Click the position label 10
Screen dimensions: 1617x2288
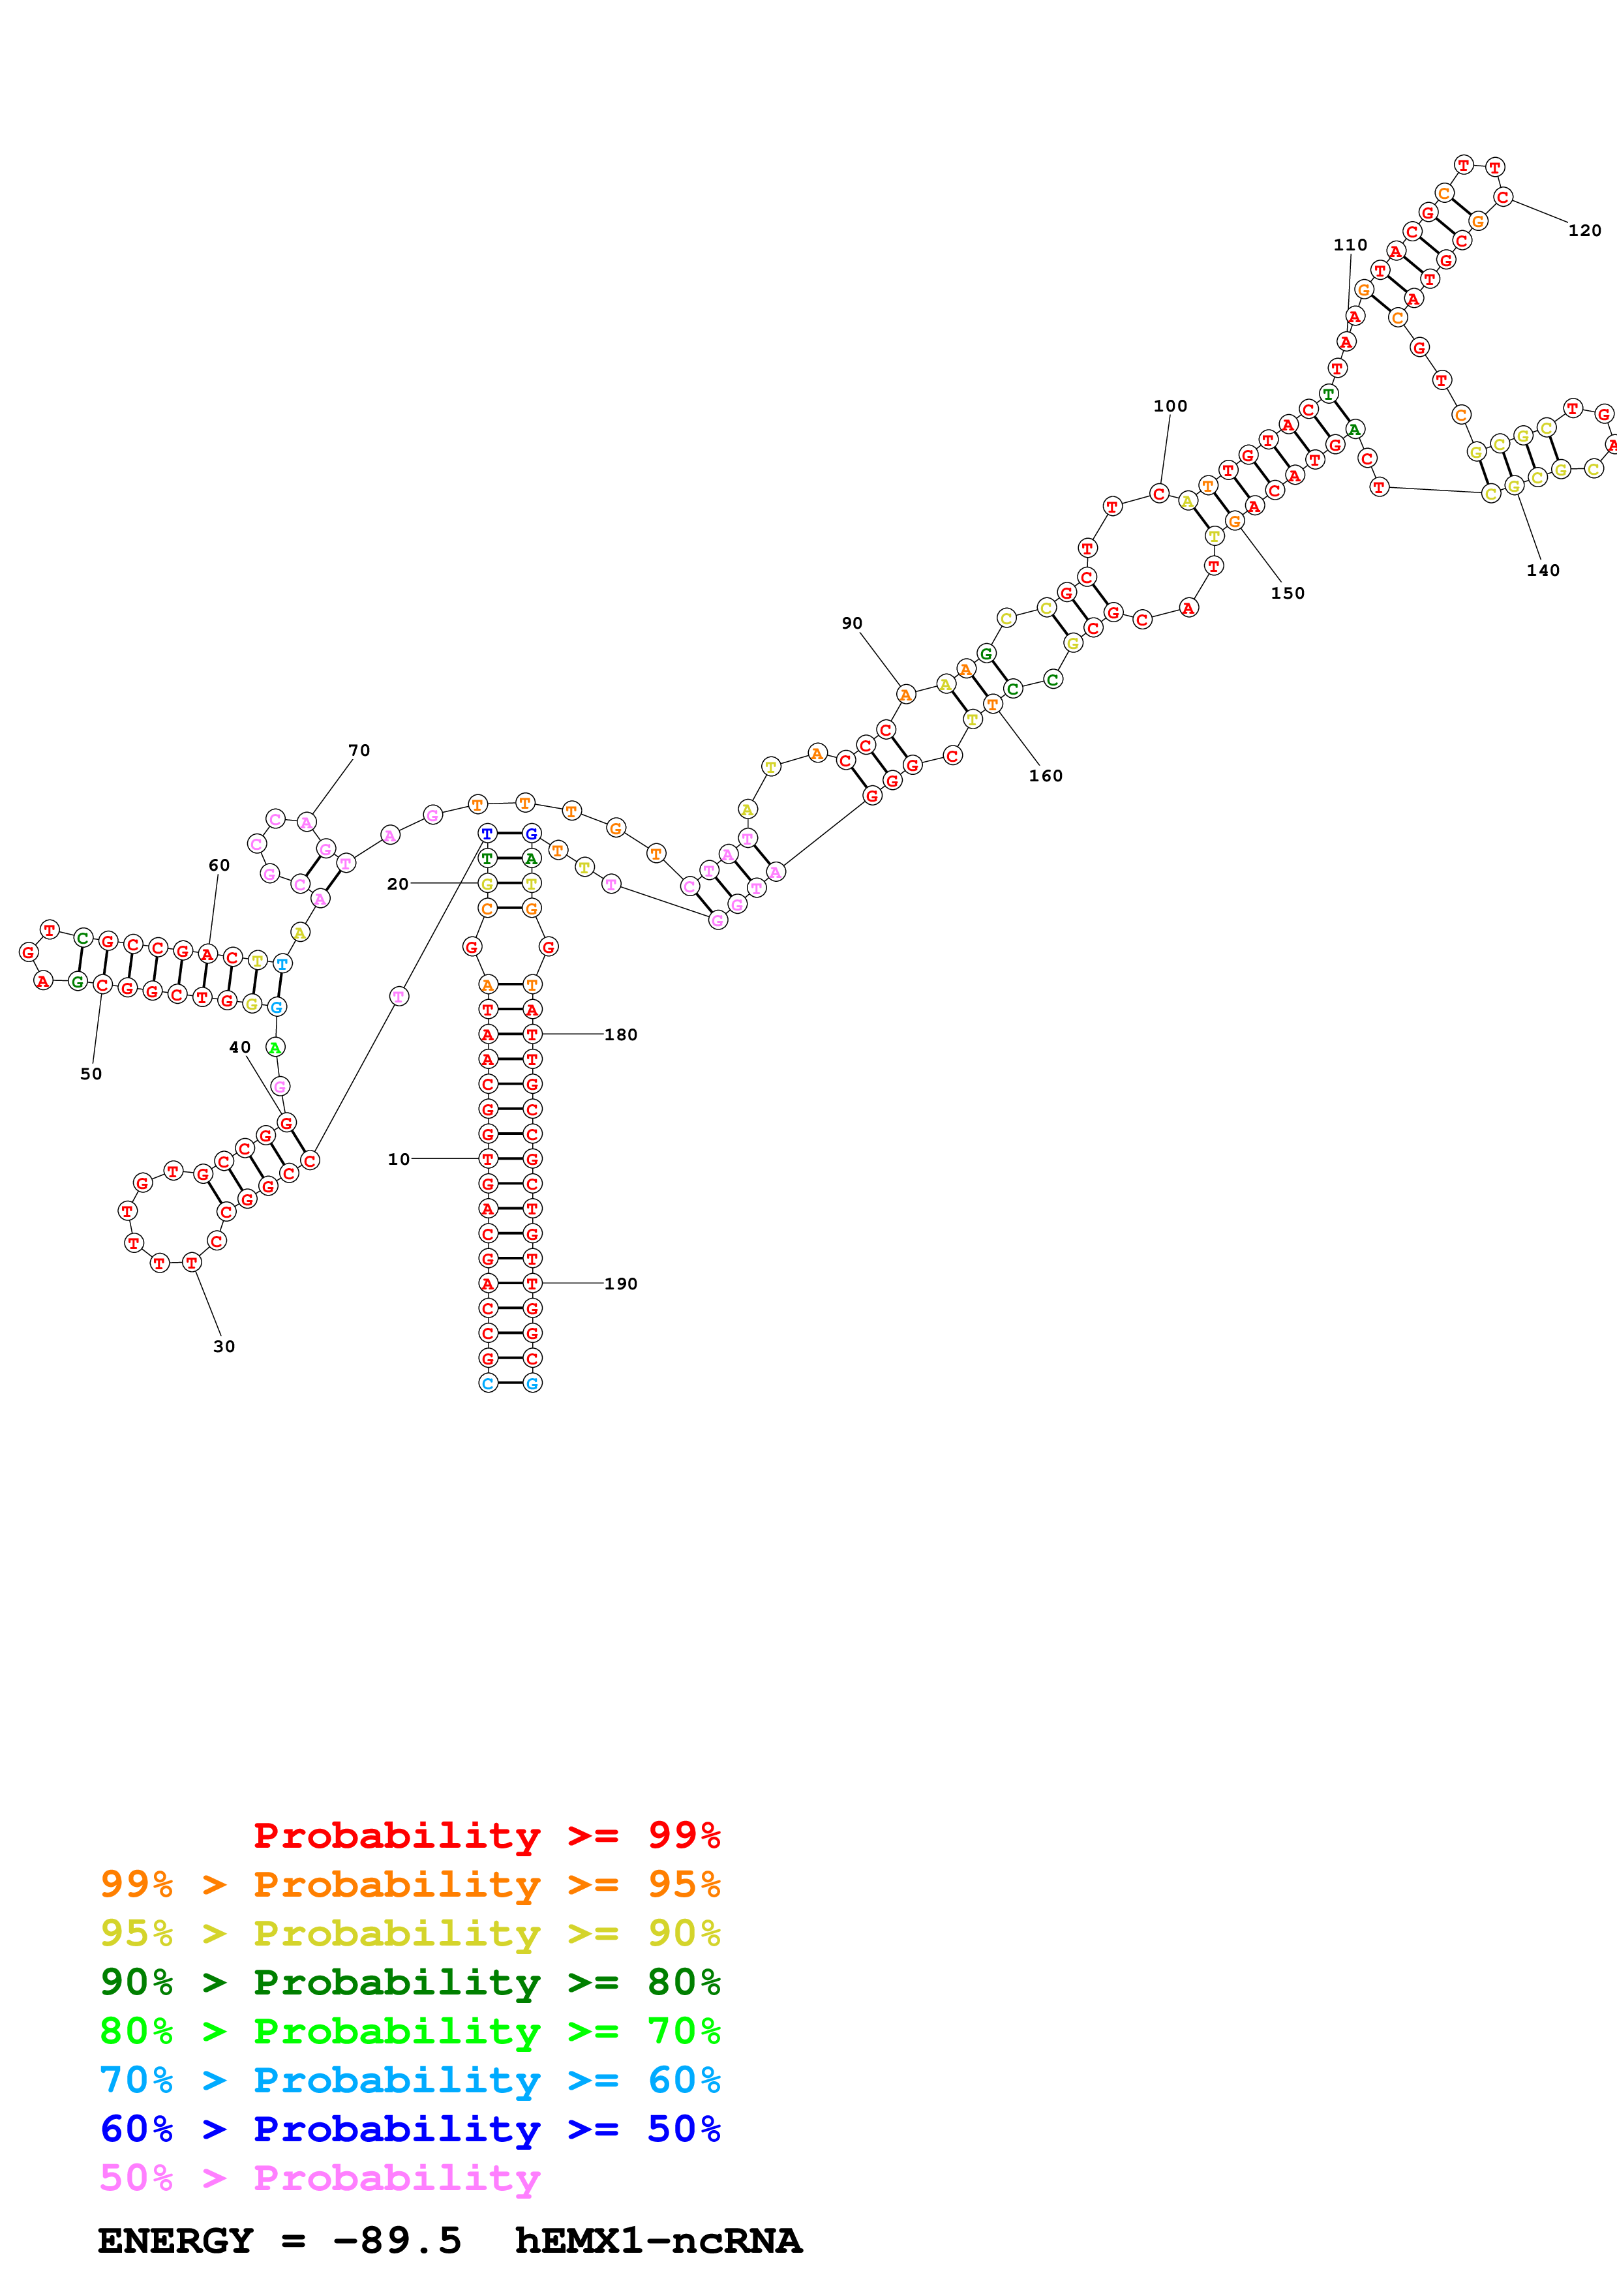tap(399, 1159)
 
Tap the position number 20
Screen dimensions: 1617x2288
tap(397, 884)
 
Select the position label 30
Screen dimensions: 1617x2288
tap(224, 1346)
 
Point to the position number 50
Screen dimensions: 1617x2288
tap(91, 1074)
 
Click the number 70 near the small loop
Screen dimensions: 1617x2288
tap(359, 750)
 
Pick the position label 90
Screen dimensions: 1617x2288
tap(852, 623)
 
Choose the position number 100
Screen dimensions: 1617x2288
tap(1171, 406)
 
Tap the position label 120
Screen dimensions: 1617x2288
tap(1584, 230)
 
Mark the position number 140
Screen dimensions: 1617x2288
tap(1542, 570)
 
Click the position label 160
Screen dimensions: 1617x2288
tap(1045, 775)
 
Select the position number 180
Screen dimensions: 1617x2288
tap(621, 1034)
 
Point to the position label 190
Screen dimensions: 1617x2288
tap(621, 1284)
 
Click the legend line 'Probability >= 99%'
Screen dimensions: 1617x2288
tap(486, 1835)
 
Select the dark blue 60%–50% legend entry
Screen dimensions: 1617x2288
tap(410, 2129)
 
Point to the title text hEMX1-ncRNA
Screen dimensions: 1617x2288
tap(657, 2240)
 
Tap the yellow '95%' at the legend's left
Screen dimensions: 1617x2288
tap(136, 1933)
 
